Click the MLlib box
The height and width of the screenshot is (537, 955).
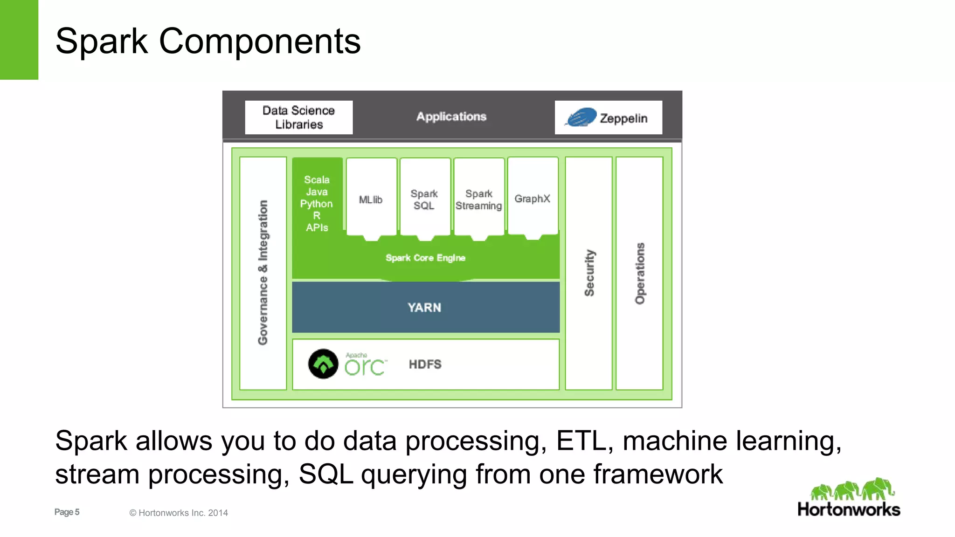(x=371, y=199)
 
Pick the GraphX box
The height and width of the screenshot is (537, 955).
(x=533, y=198)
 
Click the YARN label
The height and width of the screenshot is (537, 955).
(x=424, y=308)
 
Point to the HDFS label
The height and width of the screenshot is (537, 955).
(x=425, y=364)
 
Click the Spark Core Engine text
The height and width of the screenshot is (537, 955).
(x=425, y=258)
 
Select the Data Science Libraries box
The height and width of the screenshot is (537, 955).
(x=299, y=117)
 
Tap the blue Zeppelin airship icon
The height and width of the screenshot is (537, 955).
(x=581, y=117)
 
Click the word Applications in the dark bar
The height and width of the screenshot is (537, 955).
(x=451, y=117)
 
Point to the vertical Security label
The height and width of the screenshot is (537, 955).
(x=589, y=273)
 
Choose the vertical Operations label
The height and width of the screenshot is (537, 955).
(x=640, y=273)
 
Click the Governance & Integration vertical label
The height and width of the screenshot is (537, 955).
(x=263, y=273)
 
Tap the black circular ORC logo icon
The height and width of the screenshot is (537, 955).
(x=323, y=364)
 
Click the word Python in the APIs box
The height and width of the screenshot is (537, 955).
(x=317, y=204)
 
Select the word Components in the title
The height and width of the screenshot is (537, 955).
(x=260, y=41)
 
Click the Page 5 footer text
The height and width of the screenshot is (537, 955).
(x=67, y=512)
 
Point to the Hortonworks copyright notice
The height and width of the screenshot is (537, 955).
(x=179, y=513)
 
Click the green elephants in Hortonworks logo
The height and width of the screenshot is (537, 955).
(x=851, y=489)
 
